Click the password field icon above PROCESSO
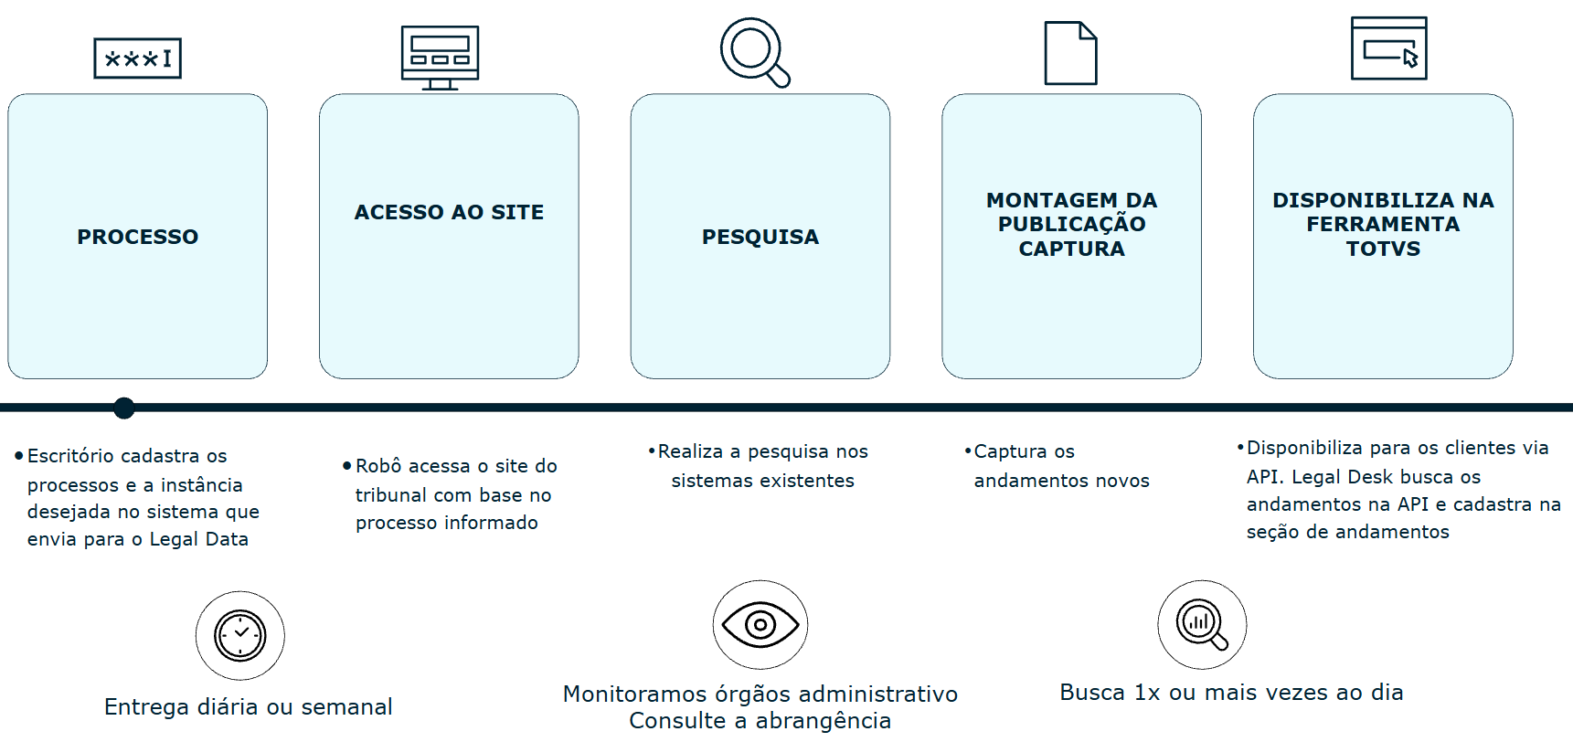click(138, 58)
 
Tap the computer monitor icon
click(440, 57)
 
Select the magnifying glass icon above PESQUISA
click(754, 52)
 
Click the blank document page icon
click(1070, 53)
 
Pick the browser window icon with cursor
click(1388, 48)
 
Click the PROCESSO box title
click(137, 237)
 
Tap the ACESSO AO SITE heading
click(449, 212)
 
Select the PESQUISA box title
click(760, 237)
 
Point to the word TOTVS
click(1383, 249)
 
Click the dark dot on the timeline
click(124, 408)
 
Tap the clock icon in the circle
click(240, 635)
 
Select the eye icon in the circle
click(760, 624)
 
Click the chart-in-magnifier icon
click(1202, 624)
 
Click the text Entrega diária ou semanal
click(248, 706)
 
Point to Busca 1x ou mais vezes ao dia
click(1231, 692)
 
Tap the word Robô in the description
click(378, 466)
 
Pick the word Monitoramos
click(634, 694)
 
